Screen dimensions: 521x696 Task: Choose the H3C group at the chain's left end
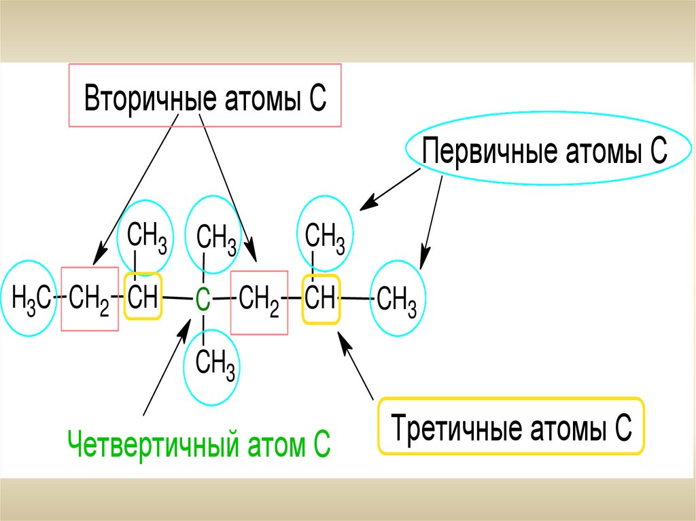pyautogui.click(x=31, y=299)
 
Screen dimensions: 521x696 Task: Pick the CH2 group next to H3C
pyautogui.click(x=89, y=299)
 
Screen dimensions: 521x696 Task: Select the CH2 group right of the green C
pyautogui.click(x=259, y=299)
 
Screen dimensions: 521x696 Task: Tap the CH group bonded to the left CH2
pyautogui.click(x=143, y=296)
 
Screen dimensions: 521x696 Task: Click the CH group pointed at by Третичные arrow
pyautogui.click(x=319, y=298)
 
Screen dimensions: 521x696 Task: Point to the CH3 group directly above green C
pyautogui.click(x=216, y=238)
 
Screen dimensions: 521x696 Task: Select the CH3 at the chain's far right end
pyautogui.click(x=396, y=299)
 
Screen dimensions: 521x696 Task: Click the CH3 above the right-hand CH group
pyautogui.click(x=325, y=236)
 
